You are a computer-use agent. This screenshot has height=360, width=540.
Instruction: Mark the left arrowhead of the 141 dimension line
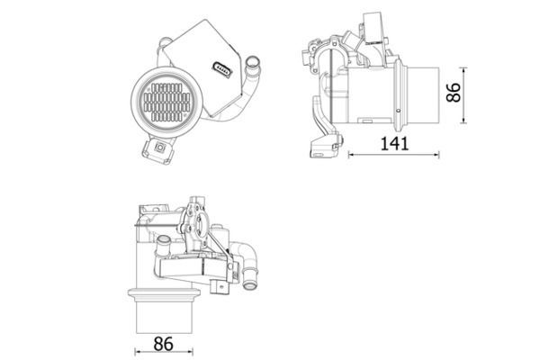[350, 155]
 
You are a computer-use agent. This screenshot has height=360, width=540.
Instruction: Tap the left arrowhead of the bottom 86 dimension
[138, 351]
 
